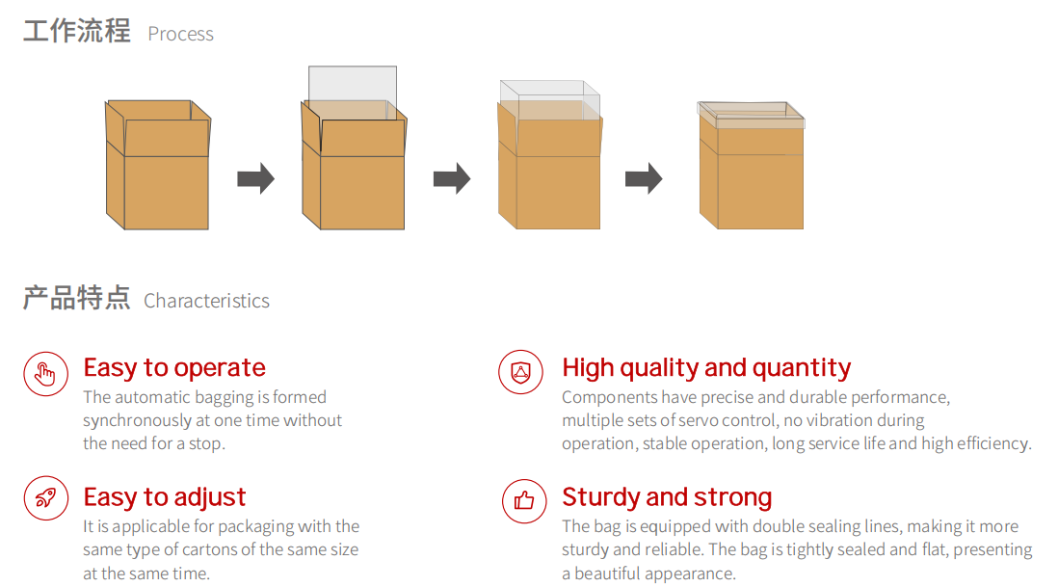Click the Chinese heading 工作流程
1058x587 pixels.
(77, 31)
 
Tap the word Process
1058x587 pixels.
(181, 34)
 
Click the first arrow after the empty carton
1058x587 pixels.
(255, 179)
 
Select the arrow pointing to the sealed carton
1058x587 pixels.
(644, 179)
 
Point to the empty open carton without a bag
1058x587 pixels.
(158, 165)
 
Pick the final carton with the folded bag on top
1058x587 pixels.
(751, 166)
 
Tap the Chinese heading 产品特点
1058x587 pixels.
(76, 298)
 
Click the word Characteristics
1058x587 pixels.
(206, 301)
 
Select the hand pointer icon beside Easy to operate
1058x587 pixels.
(46, 374)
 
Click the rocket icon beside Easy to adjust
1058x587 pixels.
(46, 498)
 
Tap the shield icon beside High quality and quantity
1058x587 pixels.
(521, 372)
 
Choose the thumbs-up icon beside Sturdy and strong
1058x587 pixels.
(524, 500)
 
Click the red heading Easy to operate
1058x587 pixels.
(174, 368)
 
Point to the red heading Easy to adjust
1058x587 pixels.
(165, 497)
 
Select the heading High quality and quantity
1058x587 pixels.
(706, 368)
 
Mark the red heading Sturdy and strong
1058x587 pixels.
(667, 497)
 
